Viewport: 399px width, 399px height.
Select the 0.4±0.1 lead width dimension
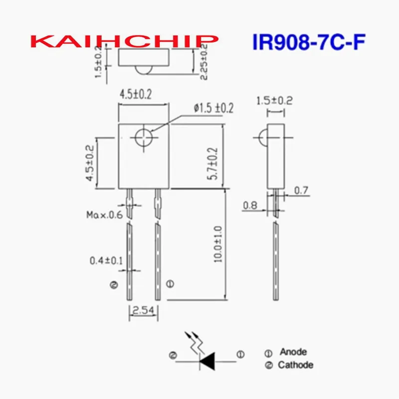[106, 260]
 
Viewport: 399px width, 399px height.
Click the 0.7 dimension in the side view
[301, 190]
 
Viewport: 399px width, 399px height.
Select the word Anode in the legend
[293, 352]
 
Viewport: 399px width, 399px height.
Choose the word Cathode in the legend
[296, 365]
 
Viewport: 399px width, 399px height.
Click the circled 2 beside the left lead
[114, 285]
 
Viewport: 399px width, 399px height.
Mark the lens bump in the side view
[262, 136]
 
